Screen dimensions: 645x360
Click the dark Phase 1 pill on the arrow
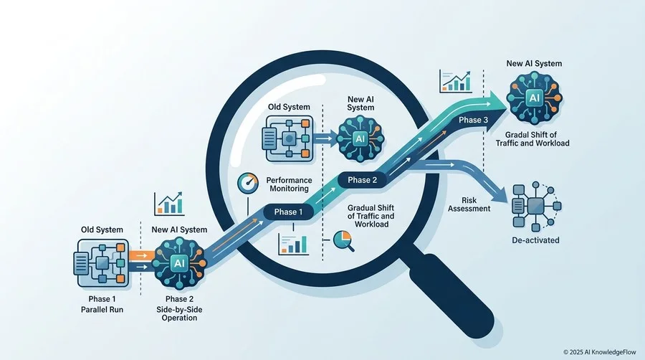288,212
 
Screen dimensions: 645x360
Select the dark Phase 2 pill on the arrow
362,180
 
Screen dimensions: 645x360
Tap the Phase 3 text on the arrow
474,120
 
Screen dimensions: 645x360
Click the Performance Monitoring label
289,184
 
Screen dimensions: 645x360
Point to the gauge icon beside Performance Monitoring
248,183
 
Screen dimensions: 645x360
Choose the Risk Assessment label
469,204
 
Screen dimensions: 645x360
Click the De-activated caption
535,240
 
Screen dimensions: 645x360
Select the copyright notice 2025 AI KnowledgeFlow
600,352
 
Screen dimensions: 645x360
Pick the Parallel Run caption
102,310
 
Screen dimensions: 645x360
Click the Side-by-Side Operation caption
179,314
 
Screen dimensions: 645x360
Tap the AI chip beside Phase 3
535,98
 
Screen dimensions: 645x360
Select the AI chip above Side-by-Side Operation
179,263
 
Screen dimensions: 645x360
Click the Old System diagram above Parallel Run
102,263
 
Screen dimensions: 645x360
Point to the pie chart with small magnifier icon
343,241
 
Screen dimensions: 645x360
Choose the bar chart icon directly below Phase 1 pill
293,244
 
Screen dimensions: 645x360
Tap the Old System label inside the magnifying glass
289,107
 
